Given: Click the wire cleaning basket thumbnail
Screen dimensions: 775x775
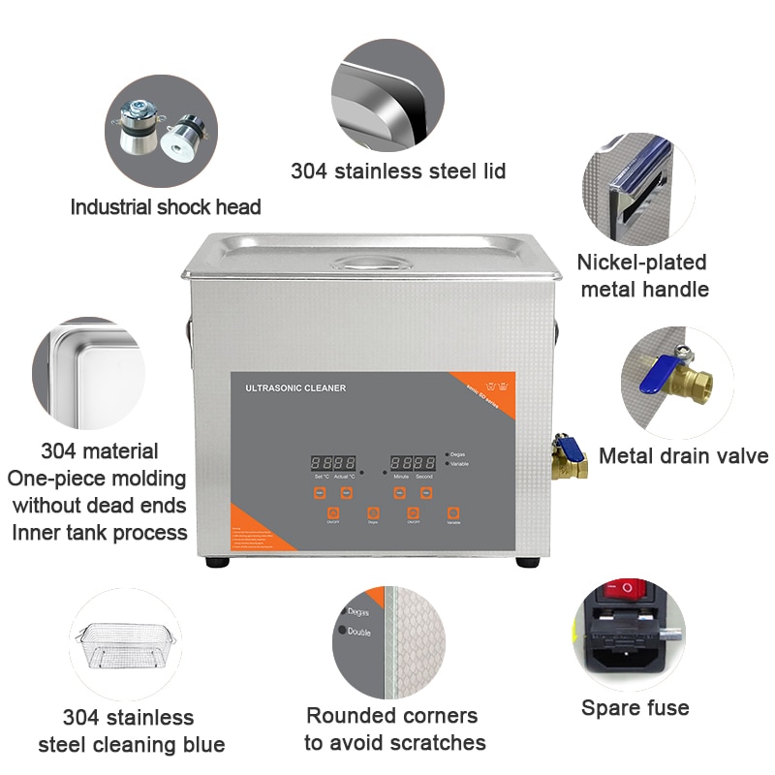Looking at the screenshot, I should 126,644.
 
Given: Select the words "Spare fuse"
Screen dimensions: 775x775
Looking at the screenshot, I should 635,708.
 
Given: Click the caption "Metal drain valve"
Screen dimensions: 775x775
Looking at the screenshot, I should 683,456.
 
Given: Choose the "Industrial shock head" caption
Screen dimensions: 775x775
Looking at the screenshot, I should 166,206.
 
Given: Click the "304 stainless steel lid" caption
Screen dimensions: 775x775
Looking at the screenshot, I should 398,171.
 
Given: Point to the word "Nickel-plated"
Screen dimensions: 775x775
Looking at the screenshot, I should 641,263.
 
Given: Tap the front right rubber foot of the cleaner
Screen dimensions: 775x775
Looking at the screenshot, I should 527,561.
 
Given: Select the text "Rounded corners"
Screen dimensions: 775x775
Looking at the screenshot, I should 391,716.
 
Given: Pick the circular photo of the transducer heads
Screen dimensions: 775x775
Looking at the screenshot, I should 161,132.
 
